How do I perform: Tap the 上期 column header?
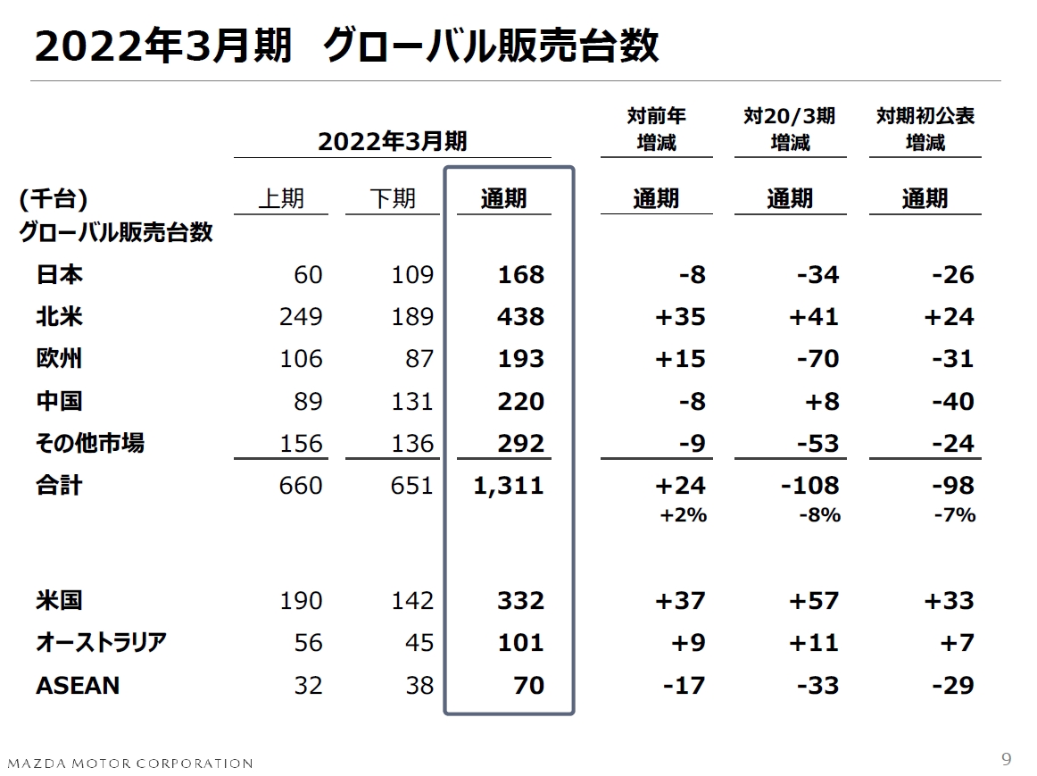[281, 198]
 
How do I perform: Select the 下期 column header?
[393, 198]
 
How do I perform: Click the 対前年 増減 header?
[656, 129]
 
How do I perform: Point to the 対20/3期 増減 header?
[790, 129]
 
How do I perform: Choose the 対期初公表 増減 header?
[925, 129]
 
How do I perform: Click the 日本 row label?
[60, 274]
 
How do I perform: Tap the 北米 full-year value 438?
[520, 317]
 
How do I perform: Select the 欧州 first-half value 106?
[301, 359]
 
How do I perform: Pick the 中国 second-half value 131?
[412, 402]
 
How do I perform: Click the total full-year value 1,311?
[509, 486]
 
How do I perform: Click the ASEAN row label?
[78, 686]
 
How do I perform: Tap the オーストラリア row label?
[102, 643]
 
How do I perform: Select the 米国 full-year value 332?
[520, 600]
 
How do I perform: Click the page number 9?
[1007, 760]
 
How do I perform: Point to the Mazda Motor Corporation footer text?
[130, 763]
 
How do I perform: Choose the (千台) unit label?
[53, 198]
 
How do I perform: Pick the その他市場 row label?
[90, 443]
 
